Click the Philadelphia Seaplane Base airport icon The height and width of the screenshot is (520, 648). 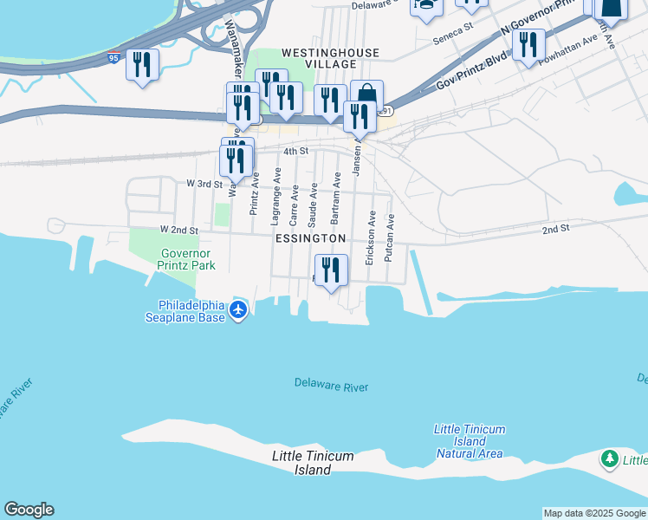(x=240, y=310)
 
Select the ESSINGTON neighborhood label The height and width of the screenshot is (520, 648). (x=310, y=237)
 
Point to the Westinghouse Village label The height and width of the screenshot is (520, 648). (x=331, y=59)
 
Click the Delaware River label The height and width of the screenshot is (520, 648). (x=331, y=386)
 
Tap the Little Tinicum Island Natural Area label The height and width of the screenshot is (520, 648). (x=470, y=441)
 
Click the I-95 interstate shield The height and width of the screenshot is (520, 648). (x=114, y=58)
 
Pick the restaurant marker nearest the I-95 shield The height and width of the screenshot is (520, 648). (x=142, y=65)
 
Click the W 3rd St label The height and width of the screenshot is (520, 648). (x=205, y=184)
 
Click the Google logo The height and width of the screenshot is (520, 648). (x=29, y=510)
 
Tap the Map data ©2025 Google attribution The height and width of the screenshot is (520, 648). (x=594, y=513)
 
